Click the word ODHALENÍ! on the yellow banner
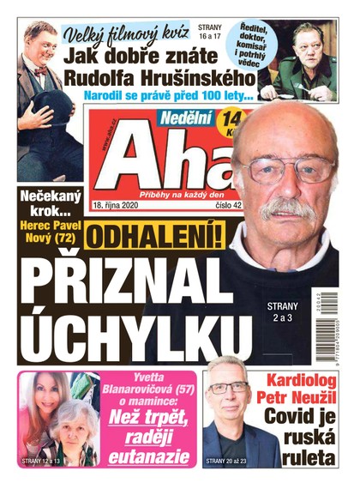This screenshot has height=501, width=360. [153, 238]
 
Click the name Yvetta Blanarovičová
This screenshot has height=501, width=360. [152, 389]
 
